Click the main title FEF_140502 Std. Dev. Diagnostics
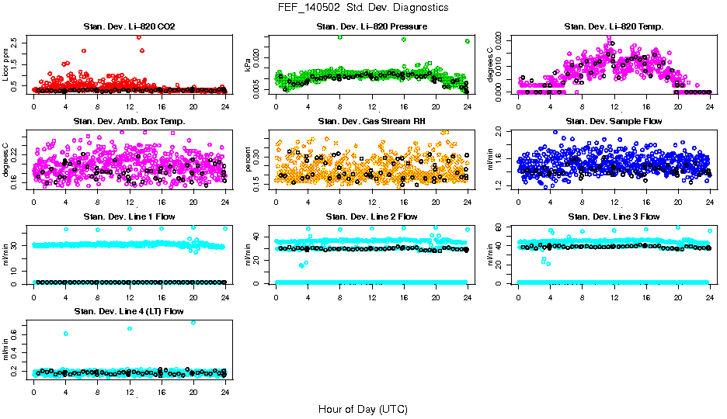[363, 8]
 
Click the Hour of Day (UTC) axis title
[363, 408]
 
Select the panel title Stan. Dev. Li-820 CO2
[129, 27]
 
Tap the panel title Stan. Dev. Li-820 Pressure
[371, 27]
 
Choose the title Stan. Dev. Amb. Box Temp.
[129, 122]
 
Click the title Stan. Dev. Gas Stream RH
[371, 122]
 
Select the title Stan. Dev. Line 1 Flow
[129, 216]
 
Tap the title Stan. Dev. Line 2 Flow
[371, 216]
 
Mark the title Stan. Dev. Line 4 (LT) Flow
[129, 311]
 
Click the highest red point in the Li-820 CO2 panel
[138, 36]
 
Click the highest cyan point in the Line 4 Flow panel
[193, 323]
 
